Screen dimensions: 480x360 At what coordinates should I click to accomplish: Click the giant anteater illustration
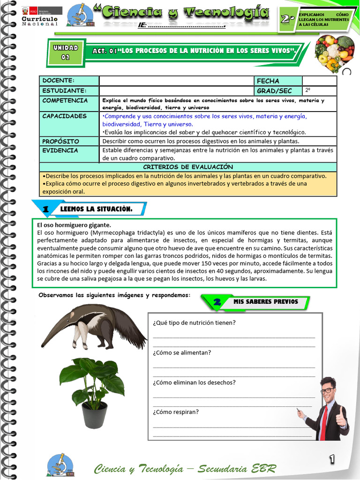[x=94, y=325]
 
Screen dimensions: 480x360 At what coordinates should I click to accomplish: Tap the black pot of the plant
[x=94, y=414]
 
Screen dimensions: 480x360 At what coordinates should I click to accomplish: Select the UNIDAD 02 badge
[x=66, y=52]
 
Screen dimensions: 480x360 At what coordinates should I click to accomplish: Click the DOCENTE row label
[x=58, y=81]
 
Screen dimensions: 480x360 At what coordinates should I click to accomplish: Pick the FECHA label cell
[x=268, y=81]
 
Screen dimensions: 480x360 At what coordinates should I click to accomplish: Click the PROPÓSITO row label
[x=60, y=141]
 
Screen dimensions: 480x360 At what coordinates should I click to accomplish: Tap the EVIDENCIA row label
[x=60, y=150]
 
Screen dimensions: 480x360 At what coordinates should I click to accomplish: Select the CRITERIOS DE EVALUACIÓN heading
[x=187, y=167]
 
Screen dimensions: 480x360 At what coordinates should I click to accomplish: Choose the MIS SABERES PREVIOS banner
[x=265, y=301]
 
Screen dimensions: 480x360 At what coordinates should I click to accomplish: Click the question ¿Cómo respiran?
[x=176, y=412]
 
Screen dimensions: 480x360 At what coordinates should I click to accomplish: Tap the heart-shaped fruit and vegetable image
[x=334, y=52]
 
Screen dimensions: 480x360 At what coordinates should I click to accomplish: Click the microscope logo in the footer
[x=60, y=465]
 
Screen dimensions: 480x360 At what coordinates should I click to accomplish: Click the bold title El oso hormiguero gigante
[x=74, y=225]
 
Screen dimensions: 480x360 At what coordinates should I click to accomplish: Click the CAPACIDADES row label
[x=64, y=116]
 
